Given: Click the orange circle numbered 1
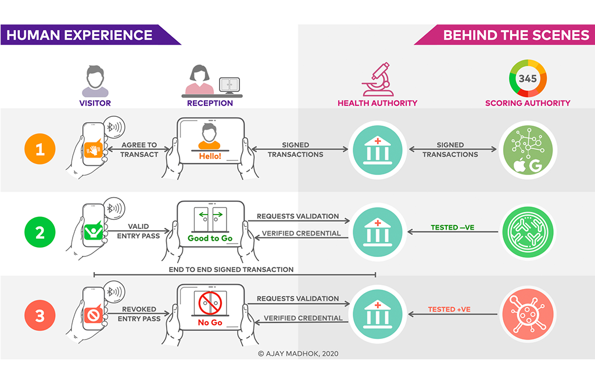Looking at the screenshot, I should click(40, 149).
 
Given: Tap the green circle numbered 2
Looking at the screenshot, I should click(40, 232).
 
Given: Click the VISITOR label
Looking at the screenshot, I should click(95, 103).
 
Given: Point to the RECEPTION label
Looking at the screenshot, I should click(210, 103).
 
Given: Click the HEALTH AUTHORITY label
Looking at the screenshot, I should click(377, 103).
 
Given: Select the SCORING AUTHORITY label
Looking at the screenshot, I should click(528, 103).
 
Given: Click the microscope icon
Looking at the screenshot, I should click(377, 80).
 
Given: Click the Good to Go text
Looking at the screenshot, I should click(210, 238).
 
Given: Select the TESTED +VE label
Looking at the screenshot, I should click(449, 309).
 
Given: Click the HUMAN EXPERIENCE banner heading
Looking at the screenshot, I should click(80, 35).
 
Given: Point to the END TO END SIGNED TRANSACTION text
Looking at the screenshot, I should click(231, 270).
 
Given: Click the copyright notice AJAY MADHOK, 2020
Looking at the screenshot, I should click(297, 352).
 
